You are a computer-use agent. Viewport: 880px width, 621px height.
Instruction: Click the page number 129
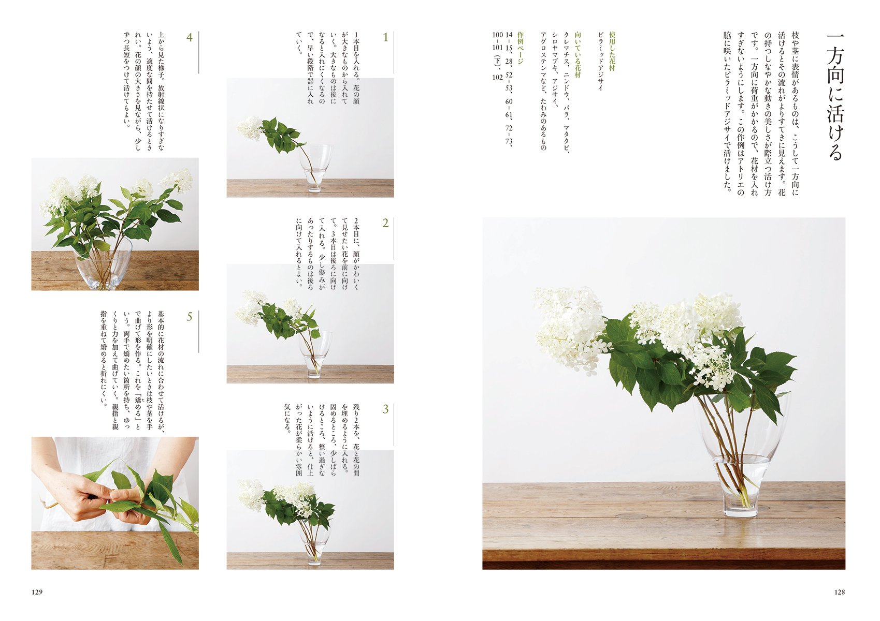coord(37,592)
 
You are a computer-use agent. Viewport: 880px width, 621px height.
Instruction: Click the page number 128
coord(840,592)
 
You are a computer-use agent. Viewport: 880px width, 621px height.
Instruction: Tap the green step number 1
coord(386,37)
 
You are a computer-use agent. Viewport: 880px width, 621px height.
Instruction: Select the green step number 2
coord(386,224)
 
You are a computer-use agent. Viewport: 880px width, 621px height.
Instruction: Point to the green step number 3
coord(386,409)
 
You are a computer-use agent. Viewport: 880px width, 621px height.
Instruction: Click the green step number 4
coord(190,37)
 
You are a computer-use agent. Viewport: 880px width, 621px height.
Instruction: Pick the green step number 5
coord(190,317)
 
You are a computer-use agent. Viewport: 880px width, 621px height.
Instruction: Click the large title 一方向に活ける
coord(835,97)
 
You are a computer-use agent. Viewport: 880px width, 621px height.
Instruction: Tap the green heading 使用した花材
coord(612,51)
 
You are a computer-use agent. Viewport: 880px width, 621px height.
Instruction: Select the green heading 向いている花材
coord(578,54)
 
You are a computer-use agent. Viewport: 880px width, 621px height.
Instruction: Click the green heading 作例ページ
coord(521,48)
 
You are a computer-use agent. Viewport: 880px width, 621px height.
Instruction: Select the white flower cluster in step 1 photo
coord(250,128)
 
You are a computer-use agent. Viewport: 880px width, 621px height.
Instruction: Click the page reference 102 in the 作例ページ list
coord(497,77)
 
